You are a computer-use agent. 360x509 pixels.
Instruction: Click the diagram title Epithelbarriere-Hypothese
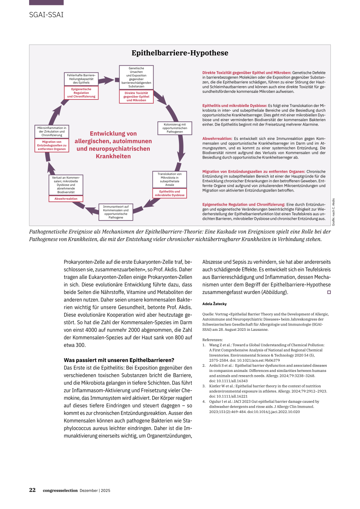coord(180,53)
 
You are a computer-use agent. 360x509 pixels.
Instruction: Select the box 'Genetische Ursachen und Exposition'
coord(136,77)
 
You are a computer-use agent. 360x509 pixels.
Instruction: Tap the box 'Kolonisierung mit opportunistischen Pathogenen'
coord(175,128)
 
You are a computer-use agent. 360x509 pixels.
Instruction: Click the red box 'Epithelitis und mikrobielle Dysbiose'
coord(169,193)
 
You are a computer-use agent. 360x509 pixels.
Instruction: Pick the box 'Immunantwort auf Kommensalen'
coord(116,212)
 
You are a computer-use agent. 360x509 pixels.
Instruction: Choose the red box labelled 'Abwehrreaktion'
coord(66,199)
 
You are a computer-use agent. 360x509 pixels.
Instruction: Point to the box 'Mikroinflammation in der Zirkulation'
coord(52,131)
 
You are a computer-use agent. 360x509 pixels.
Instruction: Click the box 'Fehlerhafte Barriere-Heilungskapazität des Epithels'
coord(81,79)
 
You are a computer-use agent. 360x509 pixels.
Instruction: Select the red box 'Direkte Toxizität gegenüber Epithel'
coord(136,97)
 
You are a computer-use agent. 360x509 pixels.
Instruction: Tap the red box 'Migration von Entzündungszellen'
coord(52,146)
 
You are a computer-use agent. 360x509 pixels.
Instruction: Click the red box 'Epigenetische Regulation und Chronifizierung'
coord(81,93)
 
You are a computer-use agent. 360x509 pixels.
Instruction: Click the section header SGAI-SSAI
coord(46,15)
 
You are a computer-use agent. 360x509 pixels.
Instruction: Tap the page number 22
coord(32,490)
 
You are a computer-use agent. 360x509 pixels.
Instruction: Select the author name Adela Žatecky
coord(214,304)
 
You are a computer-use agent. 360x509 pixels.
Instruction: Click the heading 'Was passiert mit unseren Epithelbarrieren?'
coord(119,360)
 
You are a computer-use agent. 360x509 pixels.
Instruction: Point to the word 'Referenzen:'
coord(212,340)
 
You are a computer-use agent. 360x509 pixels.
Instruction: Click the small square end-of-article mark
coord(329,292)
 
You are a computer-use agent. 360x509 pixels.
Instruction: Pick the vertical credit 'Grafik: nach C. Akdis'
coord(333,212)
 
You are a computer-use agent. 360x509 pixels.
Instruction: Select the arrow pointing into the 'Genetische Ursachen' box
coord(107,80)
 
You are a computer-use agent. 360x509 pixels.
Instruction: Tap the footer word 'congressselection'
coord(60,490)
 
